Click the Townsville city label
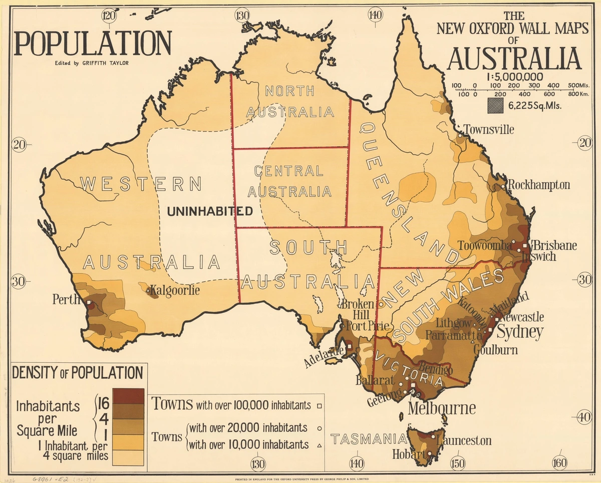(488, 130)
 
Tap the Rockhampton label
(539, 185)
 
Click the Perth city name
(66, 300)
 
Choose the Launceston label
(464, 441)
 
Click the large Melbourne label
(442, 408)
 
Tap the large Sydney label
(520, 331)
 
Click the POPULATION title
(93, 44)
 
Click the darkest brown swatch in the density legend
(128, 396)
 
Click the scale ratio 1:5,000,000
(514, 77)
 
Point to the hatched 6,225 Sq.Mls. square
(496, 105)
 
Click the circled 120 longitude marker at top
(109, 15)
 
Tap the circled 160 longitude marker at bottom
(559, 462)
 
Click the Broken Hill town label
(358, 309)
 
